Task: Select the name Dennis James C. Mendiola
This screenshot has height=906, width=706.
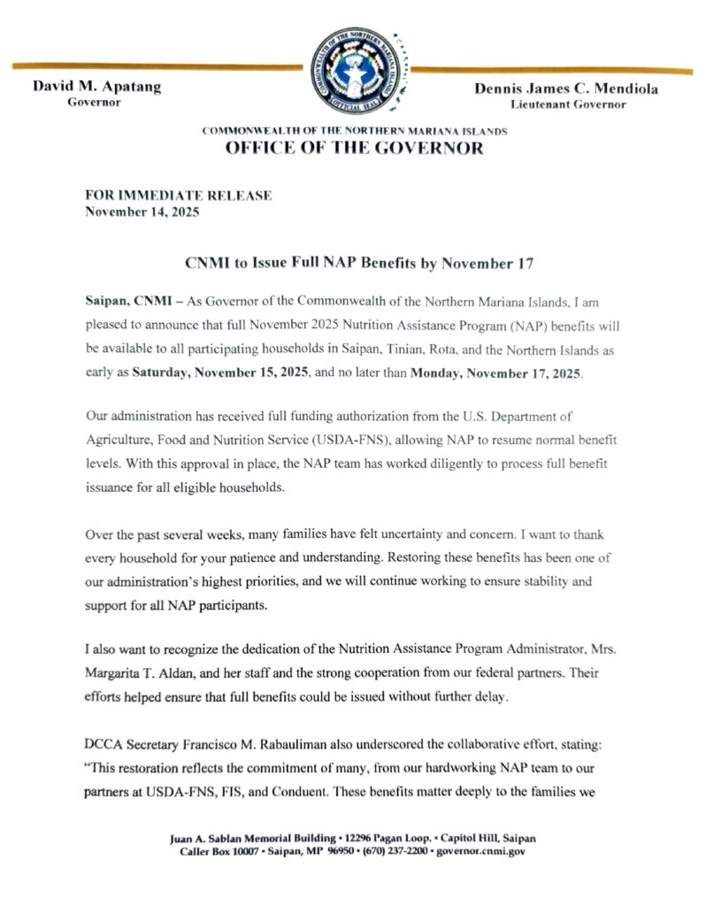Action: (x=566, y=88)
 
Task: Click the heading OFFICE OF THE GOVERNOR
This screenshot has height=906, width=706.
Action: (x=354, y=148)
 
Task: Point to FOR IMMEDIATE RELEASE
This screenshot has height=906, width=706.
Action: (x=178, y=196)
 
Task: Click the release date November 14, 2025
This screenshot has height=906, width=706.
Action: (x=142, y=211)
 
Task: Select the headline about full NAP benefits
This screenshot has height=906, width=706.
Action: (x=354, y=264)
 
